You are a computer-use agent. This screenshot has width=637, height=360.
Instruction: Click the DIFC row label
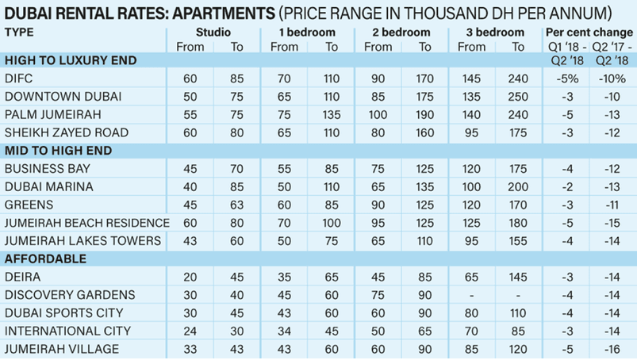tap(19, 79)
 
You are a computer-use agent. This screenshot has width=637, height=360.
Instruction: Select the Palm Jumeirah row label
tap(50, 113)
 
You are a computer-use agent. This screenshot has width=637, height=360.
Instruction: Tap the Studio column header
tap(213, 33)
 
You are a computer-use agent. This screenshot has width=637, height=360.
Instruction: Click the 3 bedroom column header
tap(496, 33)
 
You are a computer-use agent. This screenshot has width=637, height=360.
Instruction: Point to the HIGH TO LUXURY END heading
tap(71, 60)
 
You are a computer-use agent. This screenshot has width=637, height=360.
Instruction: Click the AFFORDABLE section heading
tap(45, 259)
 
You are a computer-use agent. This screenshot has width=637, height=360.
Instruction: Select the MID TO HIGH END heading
tap(58, 150)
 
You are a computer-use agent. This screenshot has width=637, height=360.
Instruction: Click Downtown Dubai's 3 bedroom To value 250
tap(519, 96)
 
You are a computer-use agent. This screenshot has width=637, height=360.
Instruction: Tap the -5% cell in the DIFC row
tap(566, 79)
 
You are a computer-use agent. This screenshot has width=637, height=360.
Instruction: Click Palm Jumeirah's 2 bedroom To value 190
tap(424, 113)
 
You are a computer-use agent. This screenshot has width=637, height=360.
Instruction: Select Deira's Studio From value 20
tap(190, 277)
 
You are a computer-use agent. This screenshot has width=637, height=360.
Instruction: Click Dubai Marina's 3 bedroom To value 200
tap(519, 186)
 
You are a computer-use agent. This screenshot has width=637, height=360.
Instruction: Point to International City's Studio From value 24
tap(190, 331)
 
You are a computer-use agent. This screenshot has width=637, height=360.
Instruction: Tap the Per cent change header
tap(587, 33)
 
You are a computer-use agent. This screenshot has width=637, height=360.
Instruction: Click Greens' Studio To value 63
tap(237, 205)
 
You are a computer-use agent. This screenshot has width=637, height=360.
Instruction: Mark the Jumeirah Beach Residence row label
tap(87, 223)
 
